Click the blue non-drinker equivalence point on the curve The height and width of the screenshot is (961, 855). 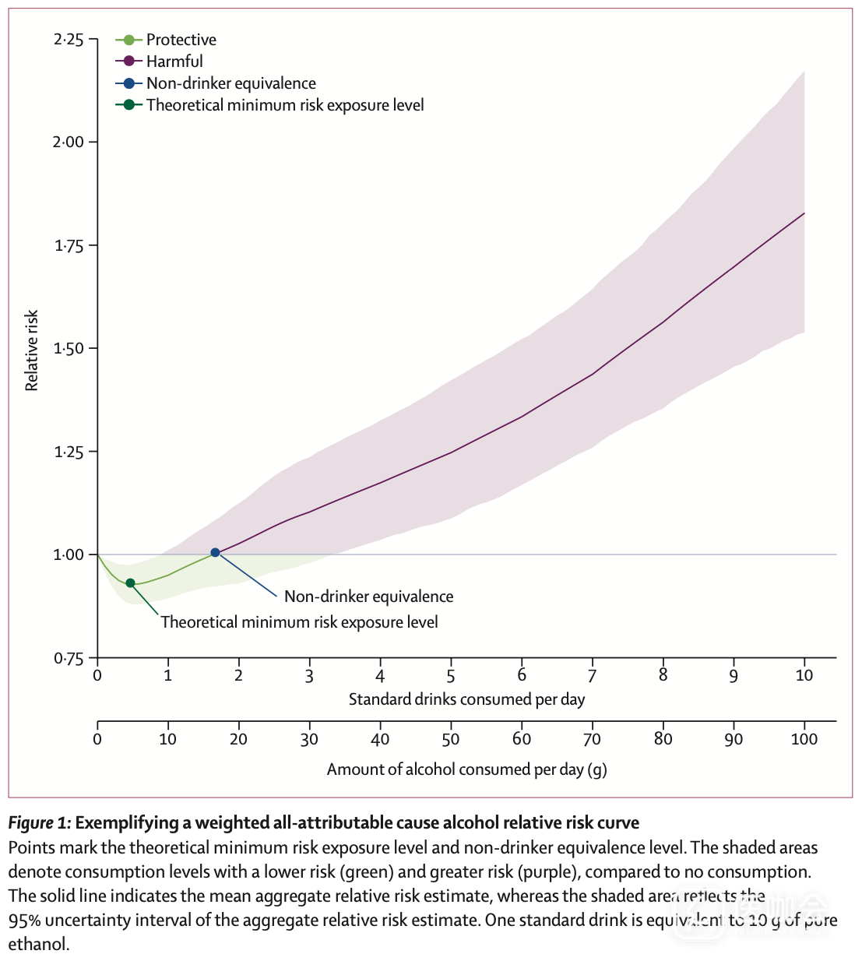pyautogui.click(x=215, y=553)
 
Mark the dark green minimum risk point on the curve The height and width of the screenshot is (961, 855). pyautogui.click(x=130, y=583)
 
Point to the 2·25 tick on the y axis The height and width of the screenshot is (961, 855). pyautogui.click(x=69, y=39)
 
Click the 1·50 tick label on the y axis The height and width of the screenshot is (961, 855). pyautogui.click(x=69, y=348)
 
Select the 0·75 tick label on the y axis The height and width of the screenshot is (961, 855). pyautogui.click(x=69, y=659)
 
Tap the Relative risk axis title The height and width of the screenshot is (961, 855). pyautogui.click(x=32, y=350)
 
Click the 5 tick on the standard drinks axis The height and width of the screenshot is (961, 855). pyautogui.click(x=451, y=676)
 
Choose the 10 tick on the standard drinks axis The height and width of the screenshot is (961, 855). pyautogui.click(x=804, y=676)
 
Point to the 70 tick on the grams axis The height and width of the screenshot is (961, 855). pyautogui.click(x=593, y=739)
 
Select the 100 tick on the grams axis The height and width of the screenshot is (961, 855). pyautogui.click(x=804, y=739)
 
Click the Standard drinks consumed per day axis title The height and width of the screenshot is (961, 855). pyautogui.click(x=466, y=699)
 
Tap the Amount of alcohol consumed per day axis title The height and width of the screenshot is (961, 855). pyautogui.click(x=466, y=769)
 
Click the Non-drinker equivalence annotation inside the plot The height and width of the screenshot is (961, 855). pyautogui.click(x=368, y=597)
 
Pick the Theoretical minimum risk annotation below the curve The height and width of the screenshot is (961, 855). pyautogui.click(x=299, y=622)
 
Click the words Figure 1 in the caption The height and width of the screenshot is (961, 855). pyautogui.click(x=40, y=823)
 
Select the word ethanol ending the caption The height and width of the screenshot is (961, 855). pyautogui.click(x=38, y=945)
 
